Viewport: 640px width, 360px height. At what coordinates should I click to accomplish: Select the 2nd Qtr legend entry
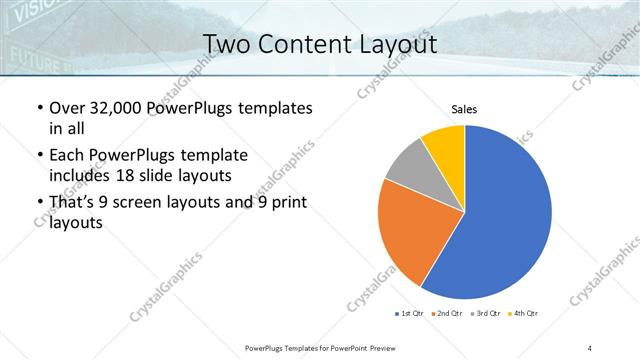(x=446, y=314)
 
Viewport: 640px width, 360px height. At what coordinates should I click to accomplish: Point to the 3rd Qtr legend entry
(x=486, y=314)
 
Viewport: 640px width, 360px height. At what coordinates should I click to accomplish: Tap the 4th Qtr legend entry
(x=524, y=314)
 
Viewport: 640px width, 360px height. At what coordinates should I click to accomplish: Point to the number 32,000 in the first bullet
(x=123, y=108)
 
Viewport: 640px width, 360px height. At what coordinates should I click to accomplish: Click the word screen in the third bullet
(x=151, y=203)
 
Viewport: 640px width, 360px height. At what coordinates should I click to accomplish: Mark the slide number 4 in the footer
(x=589, y=347)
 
